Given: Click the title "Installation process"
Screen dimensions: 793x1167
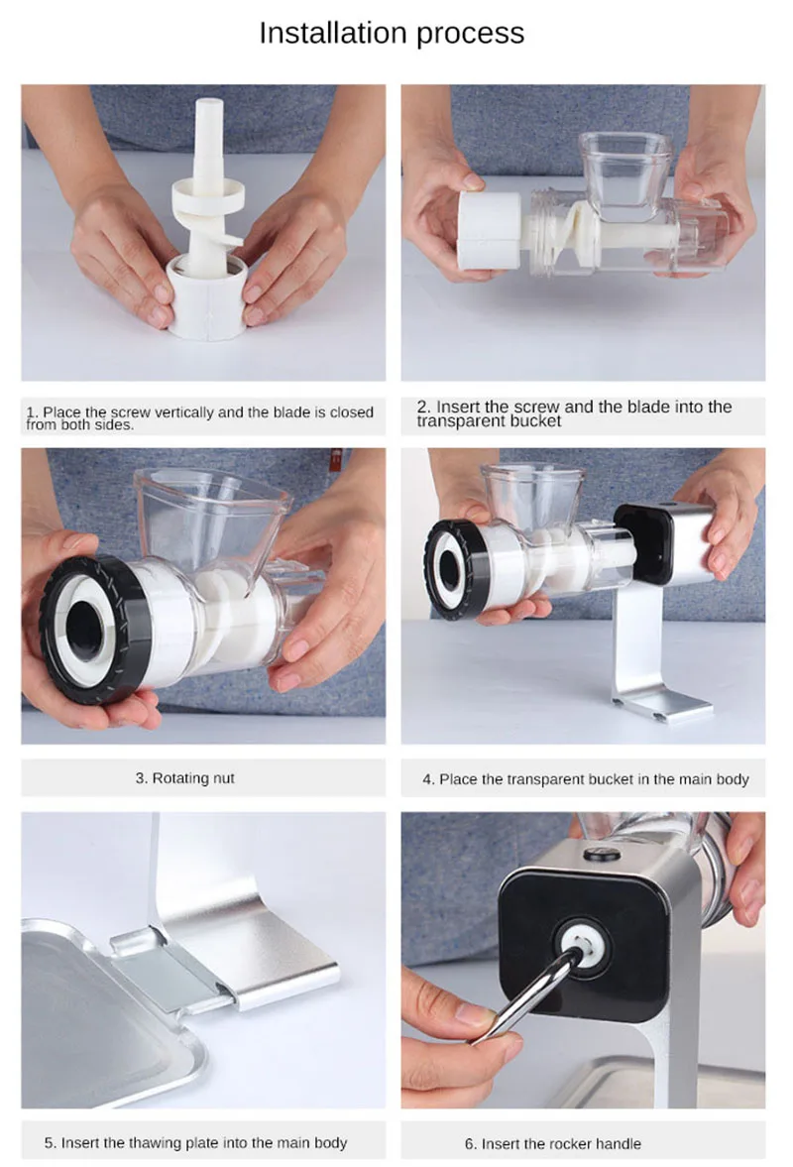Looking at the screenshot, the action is [392, 34].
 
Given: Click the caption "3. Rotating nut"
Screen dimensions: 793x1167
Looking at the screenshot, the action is [184, 778].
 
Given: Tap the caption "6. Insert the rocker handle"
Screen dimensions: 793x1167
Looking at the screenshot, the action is [553, 1144].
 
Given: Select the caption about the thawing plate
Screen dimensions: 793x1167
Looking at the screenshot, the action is [195, 1143].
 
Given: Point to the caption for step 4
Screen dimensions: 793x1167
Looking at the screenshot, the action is [586, 779].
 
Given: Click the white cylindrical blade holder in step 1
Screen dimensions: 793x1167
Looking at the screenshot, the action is [206, 297].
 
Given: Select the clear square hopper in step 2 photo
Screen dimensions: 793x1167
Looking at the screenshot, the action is [624, 170].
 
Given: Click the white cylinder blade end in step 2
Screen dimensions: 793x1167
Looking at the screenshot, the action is [489, 230].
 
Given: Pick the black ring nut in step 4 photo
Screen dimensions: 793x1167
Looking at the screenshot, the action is [452, 568].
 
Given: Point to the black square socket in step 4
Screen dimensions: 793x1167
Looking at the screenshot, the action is [642, 543].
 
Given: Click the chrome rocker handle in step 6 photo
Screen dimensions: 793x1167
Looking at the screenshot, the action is [527, 995].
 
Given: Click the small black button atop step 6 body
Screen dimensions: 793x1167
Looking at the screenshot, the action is [602, 855].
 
